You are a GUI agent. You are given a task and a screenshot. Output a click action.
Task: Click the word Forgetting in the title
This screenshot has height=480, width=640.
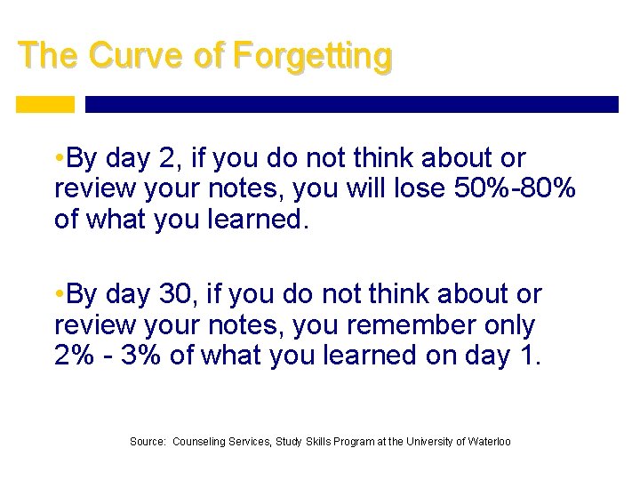311,55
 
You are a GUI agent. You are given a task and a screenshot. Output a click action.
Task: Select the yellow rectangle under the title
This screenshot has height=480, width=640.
45,105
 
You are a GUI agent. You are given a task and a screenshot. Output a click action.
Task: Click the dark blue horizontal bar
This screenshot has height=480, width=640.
351,105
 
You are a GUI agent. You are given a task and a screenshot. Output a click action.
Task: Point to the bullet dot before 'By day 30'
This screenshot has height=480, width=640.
59,294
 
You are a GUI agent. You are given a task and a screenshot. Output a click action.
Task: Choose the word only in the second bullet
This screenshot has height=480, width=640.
504,324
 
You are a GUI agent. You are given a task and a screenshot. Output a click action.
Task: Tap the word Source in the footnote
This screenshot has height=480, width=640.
148,441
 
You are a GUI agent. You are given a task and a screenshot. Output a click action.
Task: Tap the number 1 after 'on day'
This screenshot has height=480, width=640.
532,355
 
